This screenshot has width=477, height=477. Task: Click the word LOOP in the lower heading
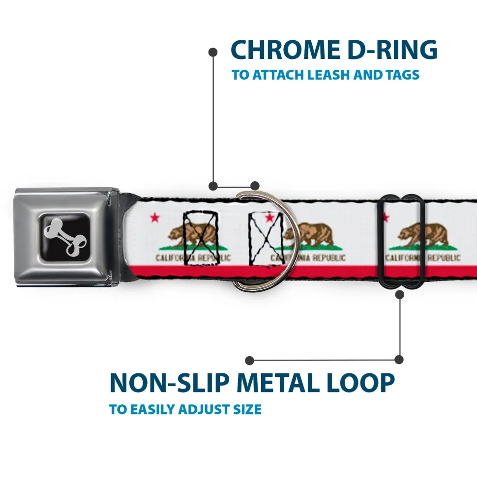pos(363,383)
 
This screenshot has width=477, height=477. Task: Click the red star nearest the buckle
pos(155,216)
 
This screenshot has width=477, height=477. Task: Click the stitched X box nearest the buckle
pos(200,238)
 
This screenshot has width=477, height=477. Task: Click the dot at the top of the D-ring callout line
pos(213,52)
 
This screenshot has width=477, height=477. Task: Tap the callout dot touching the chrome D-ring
pos(254,186)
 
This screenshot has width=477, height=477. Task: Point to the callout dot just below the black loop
pos(399,295)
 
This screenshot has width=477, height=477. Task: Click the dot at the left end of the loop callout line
pos(250,360)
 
